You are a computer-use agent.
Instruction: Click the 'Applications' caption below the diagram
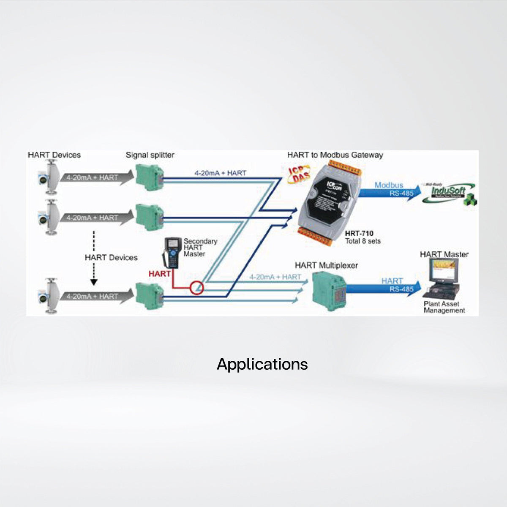coord(262,364)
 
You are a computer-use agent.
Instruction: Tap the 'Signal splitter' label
coord(150,155)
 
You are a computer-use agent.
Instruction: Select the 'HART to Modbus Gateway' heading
coord(335,155)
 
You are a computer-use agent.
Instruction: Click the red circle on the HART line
coord(197,289)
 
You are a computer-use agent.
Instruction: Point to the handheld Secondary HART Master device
coord(173,252)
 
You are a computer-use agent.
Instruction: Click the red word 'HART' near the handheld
coord(160,274)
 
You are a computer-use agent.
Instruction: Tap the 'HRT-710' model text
coord(359,233)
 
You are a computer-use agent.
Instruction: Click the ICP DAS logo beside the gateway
coord(297,174)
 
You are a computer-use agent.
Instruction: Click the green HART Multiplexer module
coord(329,288)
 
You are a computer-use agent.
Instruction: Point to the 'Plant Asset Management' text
coord(444,307)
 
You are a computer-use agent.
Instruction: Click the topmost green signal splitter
coord(149,177)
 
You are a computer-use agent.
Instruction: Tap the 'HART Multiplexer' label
coord(326,265)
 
